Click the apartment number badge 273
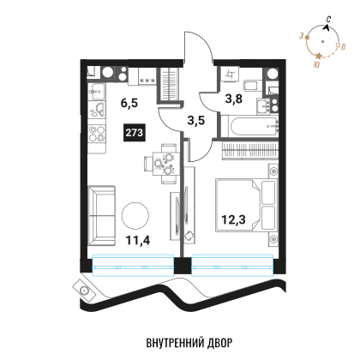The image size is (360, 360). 135,133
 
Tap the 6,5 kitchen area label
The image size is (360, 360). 129,103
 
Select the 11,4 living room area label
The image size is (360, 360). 138,240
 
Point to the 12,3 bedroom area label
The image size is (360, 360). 233,219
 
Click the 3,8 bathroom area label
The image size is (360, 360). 234,99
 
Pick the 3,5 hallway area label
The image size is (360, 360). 196,120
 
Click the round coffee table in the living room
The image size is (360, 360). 135,216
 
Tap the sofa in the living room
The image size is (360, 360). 102,216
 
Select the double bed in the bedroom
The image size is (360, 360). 246,205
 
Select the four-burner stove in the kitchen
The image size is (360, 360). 97,134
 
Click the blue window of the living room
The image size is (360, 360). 133,266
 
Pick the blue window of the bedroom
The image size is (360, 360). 232,266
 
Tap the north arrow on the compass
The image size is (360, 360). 326,27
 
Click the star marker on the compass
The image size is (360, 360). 319,56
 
